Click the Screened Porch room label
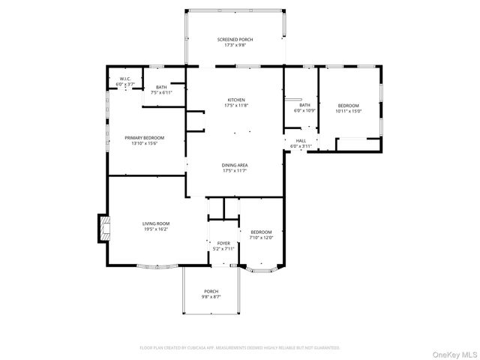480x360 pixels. tap(235, 39)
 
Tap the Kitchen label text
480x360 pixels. tap(236, 100)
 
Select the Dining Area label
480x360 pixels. tap(235, 165)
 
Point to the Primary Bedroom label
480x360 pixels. tap(144, 138)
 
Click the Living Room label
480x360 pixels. tap(157, 223)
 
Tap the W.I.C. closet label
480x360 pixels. tap(125, 79)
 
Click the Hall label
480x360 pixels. tap(301, 140)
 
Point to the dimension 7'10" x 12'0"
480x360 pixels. tap(261, 238)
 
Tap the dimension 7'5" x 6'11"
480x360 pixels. tap(161, 93)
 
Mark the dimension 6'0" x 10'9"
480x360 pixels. tap(304, 111)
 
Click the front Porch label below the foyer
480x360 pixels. tap(211, 292)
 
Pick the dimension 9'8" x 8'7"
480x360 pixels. tap(211, 298)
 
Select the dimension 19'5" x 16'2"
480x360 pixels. tap(157, 229)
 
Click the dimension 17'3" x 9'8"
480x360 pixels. tap(235, 45)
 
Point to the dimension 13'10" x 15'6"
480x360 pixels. tap(144, 144)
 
